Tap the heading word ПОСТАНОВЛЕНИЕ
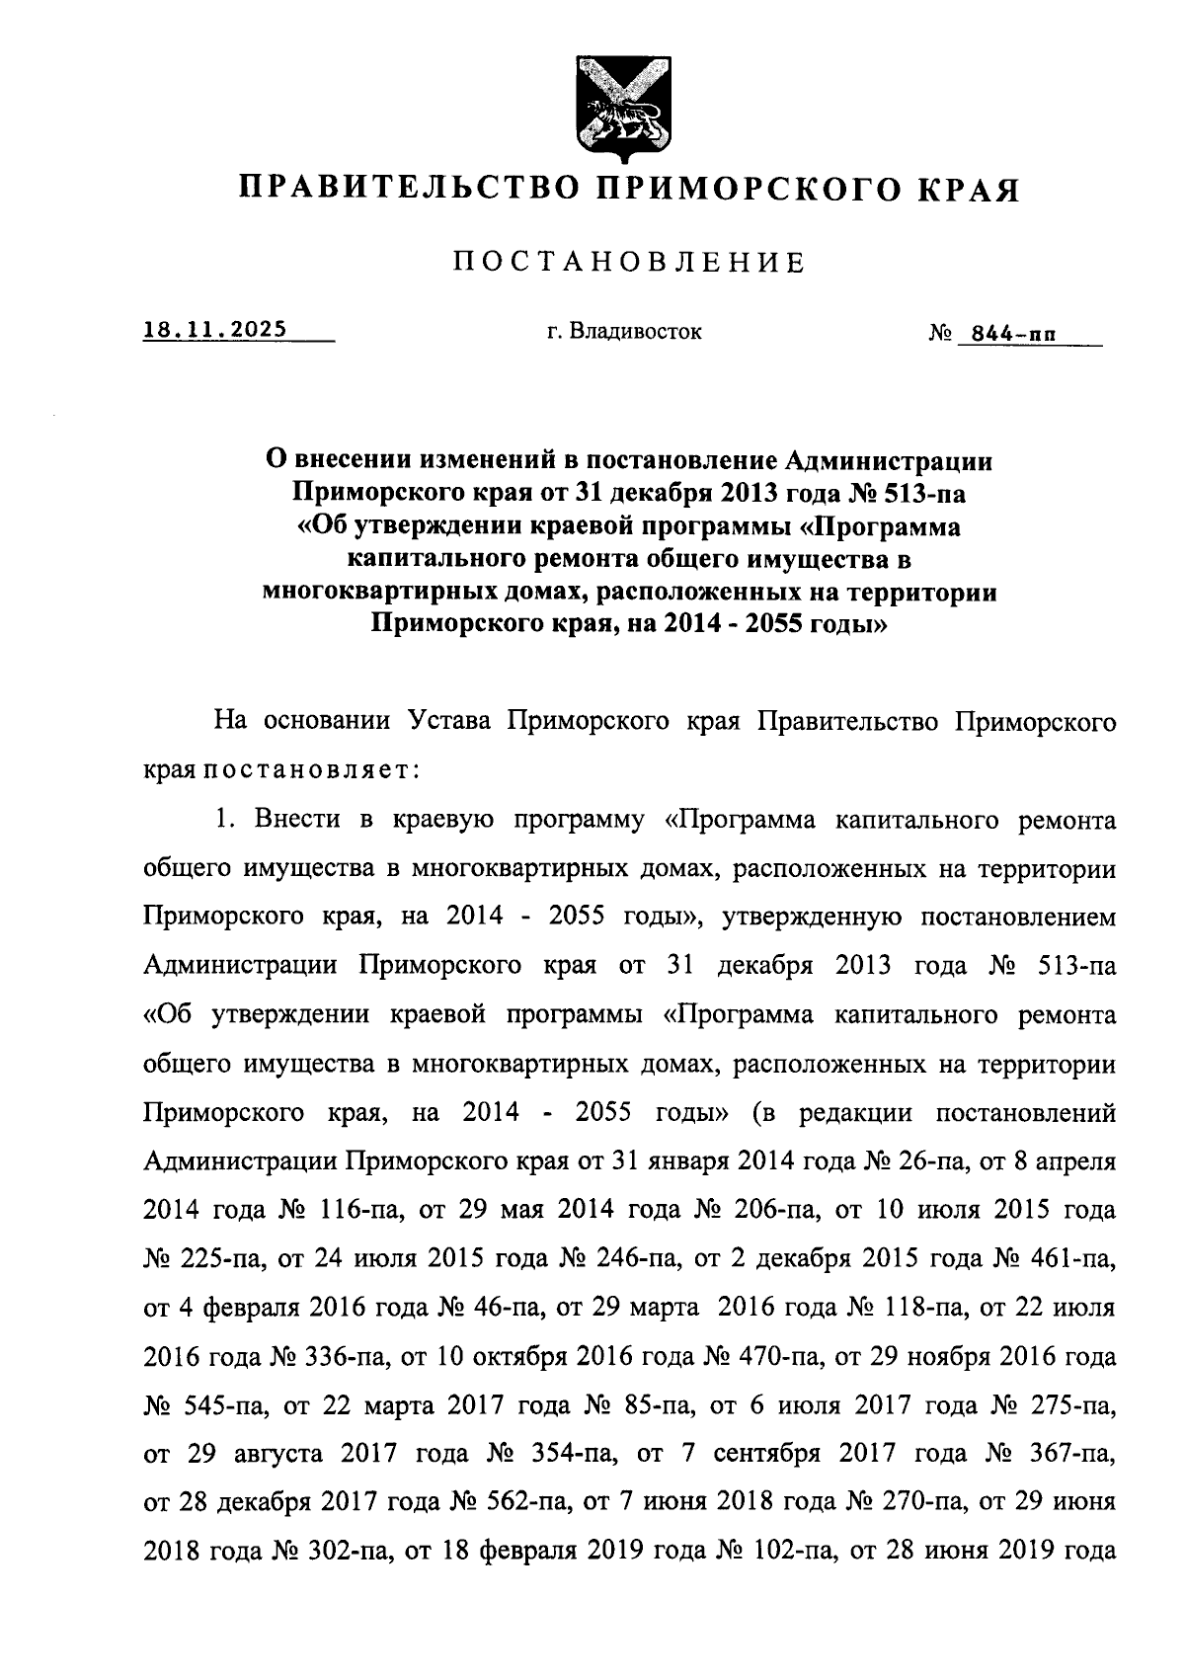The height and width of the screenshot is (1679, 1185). pos(630,262)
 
